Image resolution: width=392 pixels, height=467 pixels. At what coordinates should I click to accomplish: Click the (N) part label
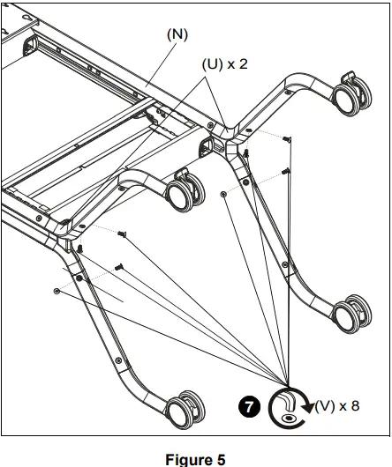(177, 33)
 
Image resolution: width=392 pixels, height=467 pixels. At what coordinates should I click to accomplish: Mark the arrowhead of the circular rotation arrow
(306, 406)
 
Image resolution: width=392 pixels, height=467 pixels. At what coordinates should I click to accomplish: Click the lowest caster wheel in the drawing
(186, 410)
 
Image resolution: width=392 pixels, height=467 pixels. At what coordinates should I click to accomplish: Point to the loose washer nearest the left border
(57, 290)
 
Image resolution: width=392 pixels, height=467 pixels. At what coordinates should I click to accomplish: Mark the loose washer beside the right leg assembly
(224, 192)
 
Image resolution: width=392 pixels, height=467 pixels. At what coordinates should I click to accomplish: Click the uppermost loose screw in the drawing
(288, 140)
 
